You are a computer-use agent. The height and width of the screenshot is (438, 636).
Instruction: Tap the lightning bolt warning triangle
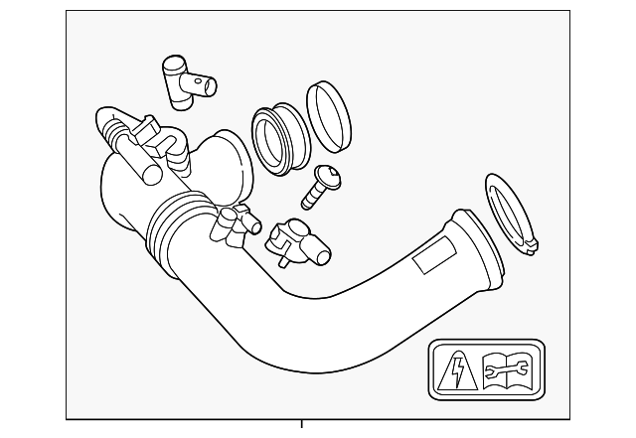tap(453, 371)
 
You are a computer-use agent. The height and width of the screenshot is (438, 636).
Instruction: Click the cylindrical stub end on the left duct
tap(149, 174)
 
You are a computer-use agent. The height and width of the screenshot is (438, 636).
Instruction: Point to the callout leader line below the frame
tap(303, 427)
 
